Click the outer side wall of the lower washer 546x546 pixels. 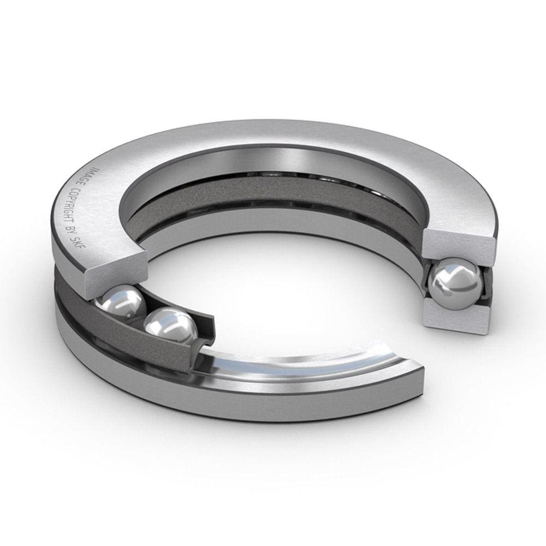218,404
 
